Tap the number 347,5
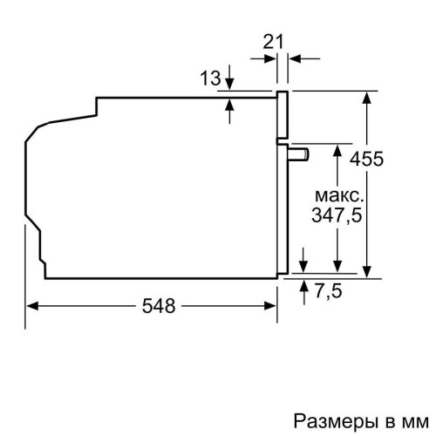click(337, 214)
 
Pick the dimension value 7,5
click(328, 292)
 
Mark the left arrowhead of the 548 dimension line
click(33, 306)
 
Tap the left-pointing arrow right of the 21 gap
click(296, 58)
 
